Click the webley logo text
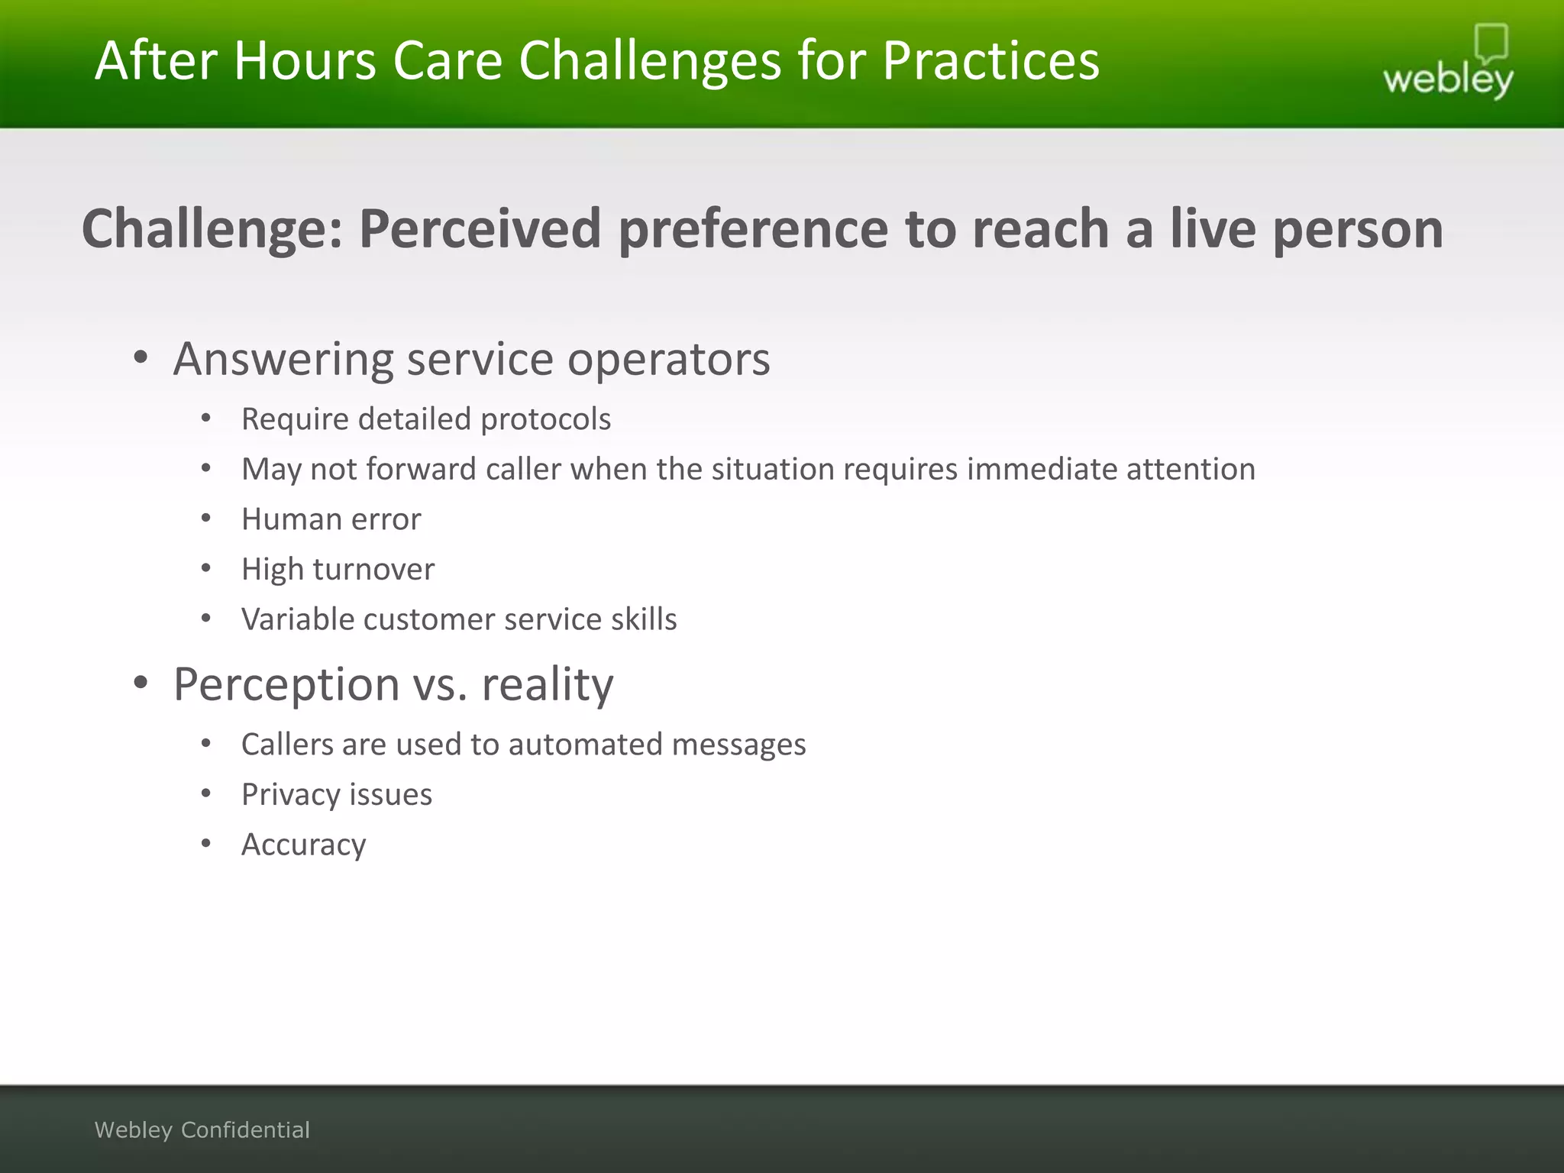[1447, 79]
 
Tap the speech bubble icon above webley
[1491, 43]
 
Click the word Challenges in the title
[650, 61]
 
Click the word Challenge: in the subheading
[213, 229]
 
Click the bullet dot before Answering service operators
[140, 357]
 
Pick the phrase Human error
[331, 519]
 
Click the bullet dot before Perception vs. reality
[140, 683]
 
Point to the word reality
[547, 684]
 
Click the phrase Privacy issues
[336, 795]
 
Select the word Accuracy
[303, 845]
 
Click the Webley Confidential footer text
[202, 1129]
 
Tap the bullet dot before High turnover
[205, 568]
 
